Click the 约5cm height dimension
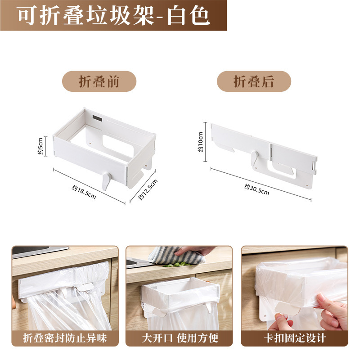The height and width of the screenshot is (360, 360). click(40, 146)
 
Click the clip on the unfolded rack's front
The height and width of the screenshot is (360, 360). click(106, 180)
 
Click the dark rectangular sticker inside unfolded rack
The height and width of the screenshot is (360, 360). click(97, 118)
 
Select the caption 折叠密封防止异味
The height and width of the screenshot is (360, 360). click(65, 337)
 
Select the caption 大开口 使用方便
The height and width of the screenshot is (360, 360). click(179, 337)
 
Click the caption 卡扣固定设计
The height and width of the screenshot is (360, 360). click(294, 337)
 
